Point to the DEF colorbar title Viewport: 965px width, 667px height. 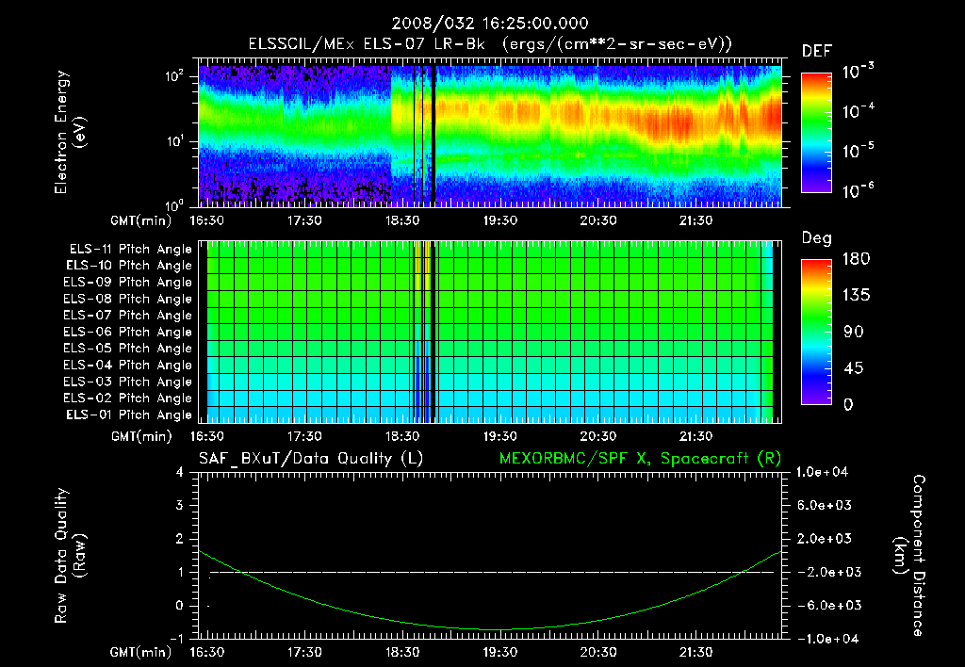point(816,52)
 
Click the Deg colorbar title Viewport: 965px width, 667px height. point(816,238)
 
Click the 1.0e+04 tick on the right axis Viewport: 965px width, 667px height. point(825,472)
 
